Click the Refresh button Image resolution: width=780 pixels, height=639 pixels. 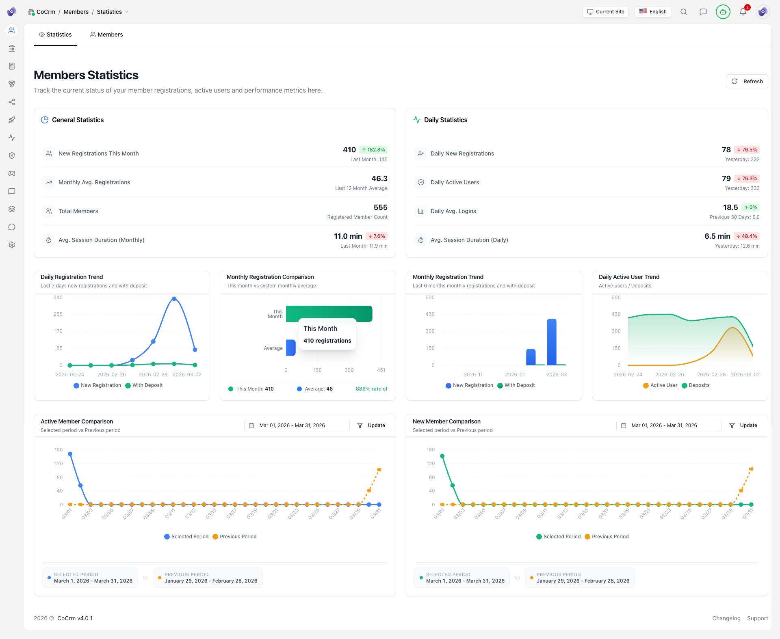pos(747,81)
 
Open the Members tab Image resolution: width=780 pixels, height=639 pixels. pos(106,35)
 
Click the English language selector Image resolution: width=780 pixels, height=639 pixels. pos(653,12)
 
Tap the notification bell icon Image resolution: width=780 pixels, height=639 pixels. pos(743,12)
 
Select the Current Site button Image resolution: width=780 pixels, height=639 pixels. pos(605,12)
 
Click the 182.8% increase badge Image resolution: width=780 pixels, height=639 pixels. pos(373,150)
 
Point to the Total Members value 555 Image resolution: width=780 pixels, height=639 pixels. pos(380,207)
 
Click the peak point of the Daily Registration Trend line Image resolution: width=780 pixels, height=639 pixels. pos(174,299)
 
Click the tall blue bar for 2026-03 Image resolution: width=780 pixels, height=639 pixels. pos(552,342)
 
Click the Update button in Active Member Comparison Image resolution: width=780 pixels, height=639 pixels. pos(371,425)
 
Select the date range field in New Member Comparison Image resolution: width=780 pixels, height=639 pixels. pos(669,425)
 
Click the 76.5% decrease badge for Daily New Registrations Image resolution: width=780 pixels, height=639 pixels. pos(747,150)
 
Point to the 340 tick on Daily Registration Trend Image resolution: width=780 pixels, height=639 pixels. pos(58,298)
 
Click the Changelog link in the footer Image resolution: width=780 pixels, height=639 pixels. pos(726,618)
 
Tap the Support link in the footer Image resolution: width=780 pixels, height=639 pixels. pos(757,618)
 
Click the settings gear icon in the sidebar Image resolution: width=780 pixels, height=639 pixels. pos(12,245)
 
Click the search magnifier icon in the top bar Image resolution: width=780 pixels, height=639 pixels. pos(684,12)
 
